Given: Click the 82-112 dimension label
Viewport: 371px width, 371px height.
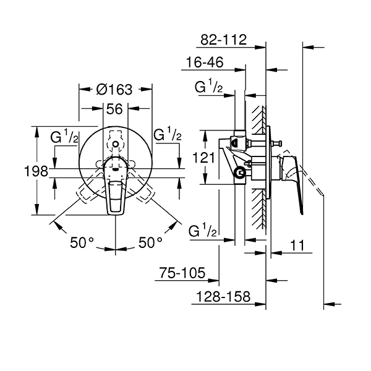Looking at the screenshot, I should click(224, 40).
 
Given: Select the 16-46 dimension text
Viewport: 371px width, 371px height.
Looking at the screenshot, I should click(203, 63).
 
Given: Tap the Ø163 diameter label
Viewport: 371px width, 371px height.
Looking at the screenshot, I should click(115, 89).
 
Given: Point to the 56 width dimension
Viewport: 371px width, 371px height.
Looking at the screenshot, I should click(115, 108).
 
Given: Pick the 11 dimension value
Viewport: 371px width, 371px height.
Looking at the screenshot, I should click(298, 246).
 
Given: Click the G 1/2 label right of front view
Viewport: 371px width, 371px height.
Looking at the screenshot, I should click(167, 134).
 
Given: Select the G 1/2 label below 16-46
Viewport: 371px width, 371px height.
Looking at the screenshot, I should click(209, 87).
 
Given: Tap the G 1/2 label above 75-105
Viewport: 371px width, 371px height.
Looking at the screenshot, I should click(203, 231).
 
